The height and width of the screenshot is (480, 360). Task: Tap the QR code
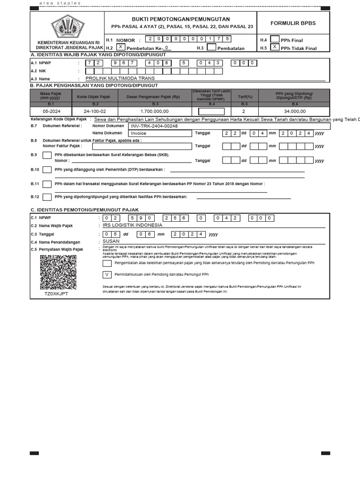click(x=58, y=272)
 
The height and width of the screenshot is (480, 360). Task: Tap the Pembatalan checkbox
click(x=211, y=47)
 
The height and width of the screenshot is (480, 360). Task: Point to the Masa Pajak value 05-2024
click(x=51, y=111)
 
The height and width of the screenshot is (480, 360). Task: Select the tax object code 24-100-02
click(x=95, y=111)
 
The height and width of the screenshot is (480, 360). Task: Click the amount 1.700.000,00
click(x=154, y=111)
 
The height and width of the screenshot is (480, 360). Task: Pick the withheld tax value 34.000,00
click(x=294, y=111)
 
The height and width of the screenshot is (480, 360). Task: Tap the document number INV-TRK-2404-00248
click(x=148, y=126)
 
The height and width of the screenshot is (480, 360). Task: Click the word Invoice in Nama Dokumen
click(x=126, y=133)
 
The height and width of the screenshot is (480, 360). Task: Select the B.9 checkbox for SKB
click(x=47, y=157)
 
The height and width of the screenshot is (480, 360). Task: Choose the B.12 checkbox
click(x=47, y=197)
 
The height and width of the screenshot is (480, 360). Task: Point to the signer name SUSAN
click(x=111, y=241)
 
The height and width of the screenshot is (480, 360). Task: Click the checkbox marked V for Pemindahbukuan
click(x=107, y=274)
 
